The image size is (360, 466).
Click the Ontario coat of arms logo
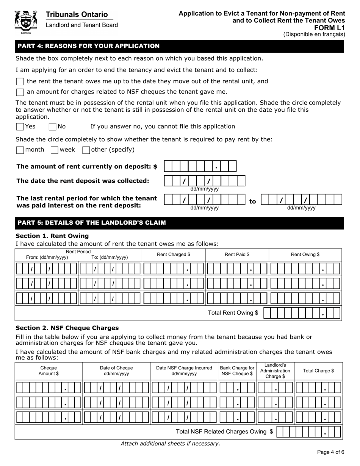(26, 22)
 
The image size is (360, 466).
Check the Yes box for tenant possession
(20, 127)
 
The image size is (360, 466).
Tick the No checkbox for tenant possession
(53, 127)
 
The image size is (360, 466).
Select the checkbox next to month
(20, 150)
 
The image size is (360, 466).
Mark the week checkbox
(55, 150)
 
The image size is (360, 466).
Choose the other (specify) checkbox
(86, 150)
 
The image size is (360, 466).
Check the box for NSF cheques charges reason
(20, 92)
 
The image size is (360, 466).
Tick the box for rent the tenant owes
(20, 81)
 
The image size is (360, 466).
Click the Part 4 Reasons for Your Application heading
(89, 46)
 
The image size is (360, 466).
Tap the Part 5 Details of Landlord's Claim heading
(92, 223)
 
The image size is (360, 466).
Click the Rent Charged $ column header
(174, 255)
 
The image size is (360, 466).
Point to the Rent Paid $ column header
(237, 255)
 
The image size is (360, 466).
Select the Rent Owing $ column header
(305, 255)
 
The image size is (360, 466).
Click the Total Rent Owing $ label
(233, 313)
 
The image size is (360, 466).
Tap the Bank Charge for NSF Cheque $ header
(237, 371)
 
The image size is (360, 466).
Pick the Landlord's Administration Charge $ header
(275, 371)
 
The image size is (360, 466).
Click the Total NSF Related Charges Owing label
(224, 432)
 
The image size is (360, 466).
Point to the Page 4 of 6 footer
(330, 452)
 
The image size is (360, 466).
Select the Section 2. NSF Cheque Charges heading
(67, 328)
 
